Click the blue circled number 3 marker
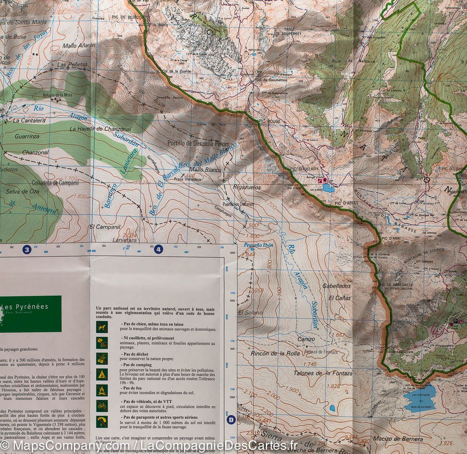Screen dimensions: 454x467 coord(26,250)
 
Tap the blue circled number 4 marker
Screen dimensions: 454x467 coord(159,250)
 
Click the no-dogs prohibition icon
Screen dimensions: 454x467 coord(102,327)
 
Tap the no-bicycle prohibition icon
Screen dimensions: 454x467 coord(102,405)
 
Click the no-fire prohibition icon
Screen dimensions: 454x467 coord(102,390)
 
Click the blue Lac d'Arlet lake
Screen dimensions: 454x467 coord(327,189)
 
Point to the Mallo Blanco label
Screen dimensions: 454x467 coord(205,170)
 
